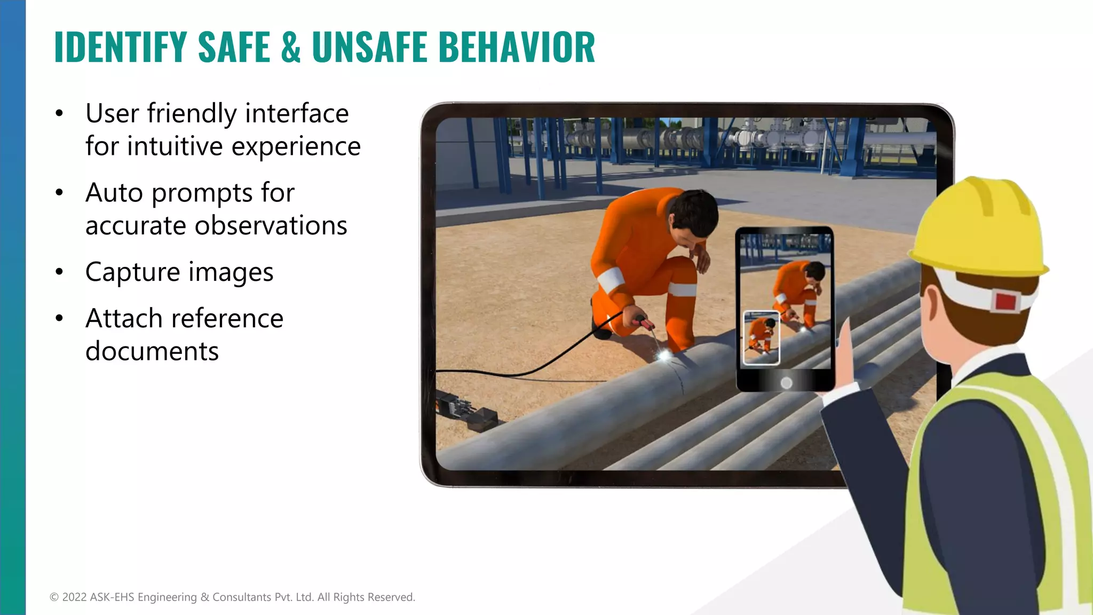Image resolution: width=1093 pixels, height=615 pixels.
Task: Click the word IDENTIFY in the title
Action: click(x=121, y=47)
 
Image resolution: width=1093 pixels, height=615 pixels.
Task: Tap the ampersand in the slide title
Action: click(x=290, y=47)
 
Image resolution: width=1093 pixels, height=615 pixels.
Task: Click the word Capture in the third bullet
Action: click(x=133, y=272)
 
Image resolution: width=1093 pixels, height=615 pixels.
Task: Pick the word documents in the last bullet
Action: click(x=152, y=351)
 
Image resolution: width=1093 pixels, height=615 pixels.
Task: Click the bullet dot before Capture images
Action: click(x=59, y=272)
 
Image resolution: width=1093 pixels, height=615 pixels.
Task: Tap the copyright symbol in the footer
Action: click(x=54, y=597)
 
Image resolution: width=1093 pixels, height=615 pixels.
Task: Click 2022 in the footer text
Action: click(x=74, y=597)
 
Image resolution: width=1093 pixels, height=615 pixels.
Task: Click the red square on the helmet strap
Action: click(x=1005, y=301)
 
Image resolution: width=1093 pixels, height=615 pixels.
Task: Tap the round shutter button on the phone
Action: click(x=786, y=383)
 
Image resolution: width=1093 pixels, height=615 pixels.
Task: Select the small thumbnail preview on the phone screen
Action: click(x=761, y=338)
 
